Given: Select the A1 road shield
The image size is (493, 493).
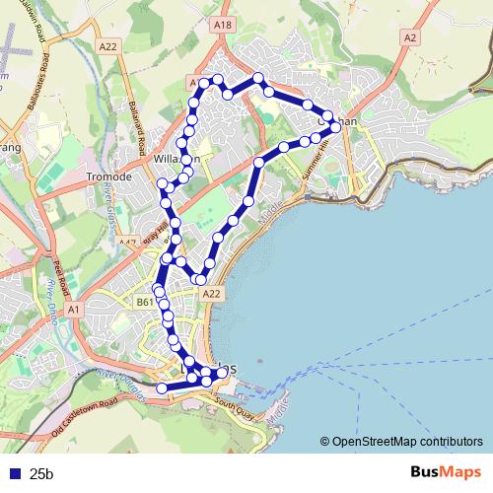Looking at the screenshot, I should coord(73,309).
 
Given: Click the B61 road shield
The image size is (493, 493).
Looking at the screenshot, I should coord(145,302).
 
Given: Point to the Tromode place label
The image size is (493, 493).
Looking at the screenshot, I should coord(109,176).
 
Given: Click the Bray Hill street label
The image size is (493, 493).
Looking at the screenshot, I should coord(150,236).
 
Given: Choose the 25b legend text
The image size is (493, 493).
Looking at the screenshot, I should coord(42,474).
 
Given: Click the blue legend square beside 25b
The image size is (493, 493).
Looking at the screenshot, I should coord(15,474).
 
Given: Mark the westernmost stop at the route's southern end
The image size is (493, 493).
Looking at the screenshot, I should coord(162,388).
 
